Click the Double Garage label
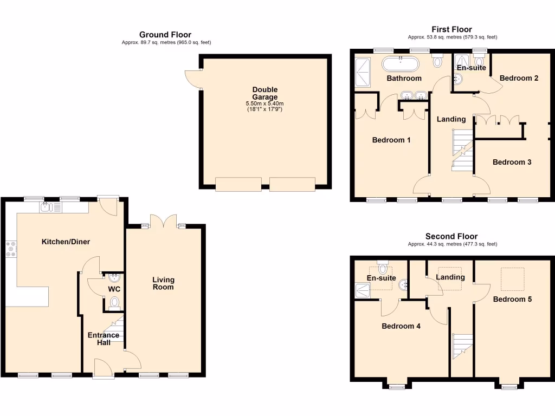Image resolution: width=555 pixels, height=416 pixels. coord(264,93)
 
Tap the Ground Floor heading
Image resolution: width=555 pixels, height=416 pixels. coord(165,35)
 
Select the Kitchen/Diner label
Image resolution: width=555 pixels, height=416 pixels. coord(66,242)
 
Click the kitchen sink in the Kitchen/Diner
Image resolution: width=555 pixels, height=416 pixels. coord(44,206)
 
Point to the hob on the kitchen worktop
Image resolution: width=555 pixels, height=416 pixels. coord(11,248)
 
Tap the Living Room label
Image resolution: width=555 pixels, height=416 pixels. coord(163,283)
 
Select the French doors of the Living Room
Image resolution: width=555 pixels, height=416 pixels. coord(163,220)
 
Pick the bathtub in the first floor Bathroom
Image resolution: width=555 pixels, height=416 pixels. coord(401,64)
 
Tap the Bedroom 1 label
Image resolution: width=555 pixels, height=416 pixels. coord(391,140)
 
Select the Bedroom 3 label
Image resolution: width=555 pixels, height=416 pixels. coord(512,162)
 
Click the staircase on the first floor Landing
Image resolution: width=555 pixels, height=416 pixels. coord(462,149)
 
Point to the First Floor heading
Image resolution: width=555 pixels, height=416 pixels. coord(451,29)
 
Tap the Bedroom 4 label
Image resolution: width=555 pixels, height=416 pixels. coord(401,326)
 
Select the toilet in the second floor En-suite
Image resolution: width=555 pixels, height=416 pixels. coord(384,267)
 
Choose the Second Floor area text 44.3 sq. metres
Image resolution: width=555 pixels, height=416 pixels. coord(451,244)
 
